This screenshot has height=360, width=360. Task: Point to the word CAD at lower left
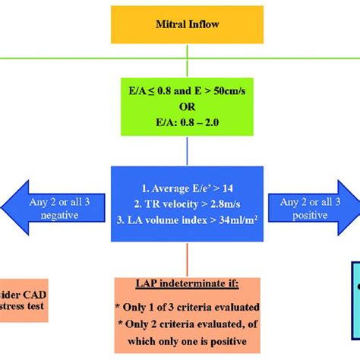[27, 293]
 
